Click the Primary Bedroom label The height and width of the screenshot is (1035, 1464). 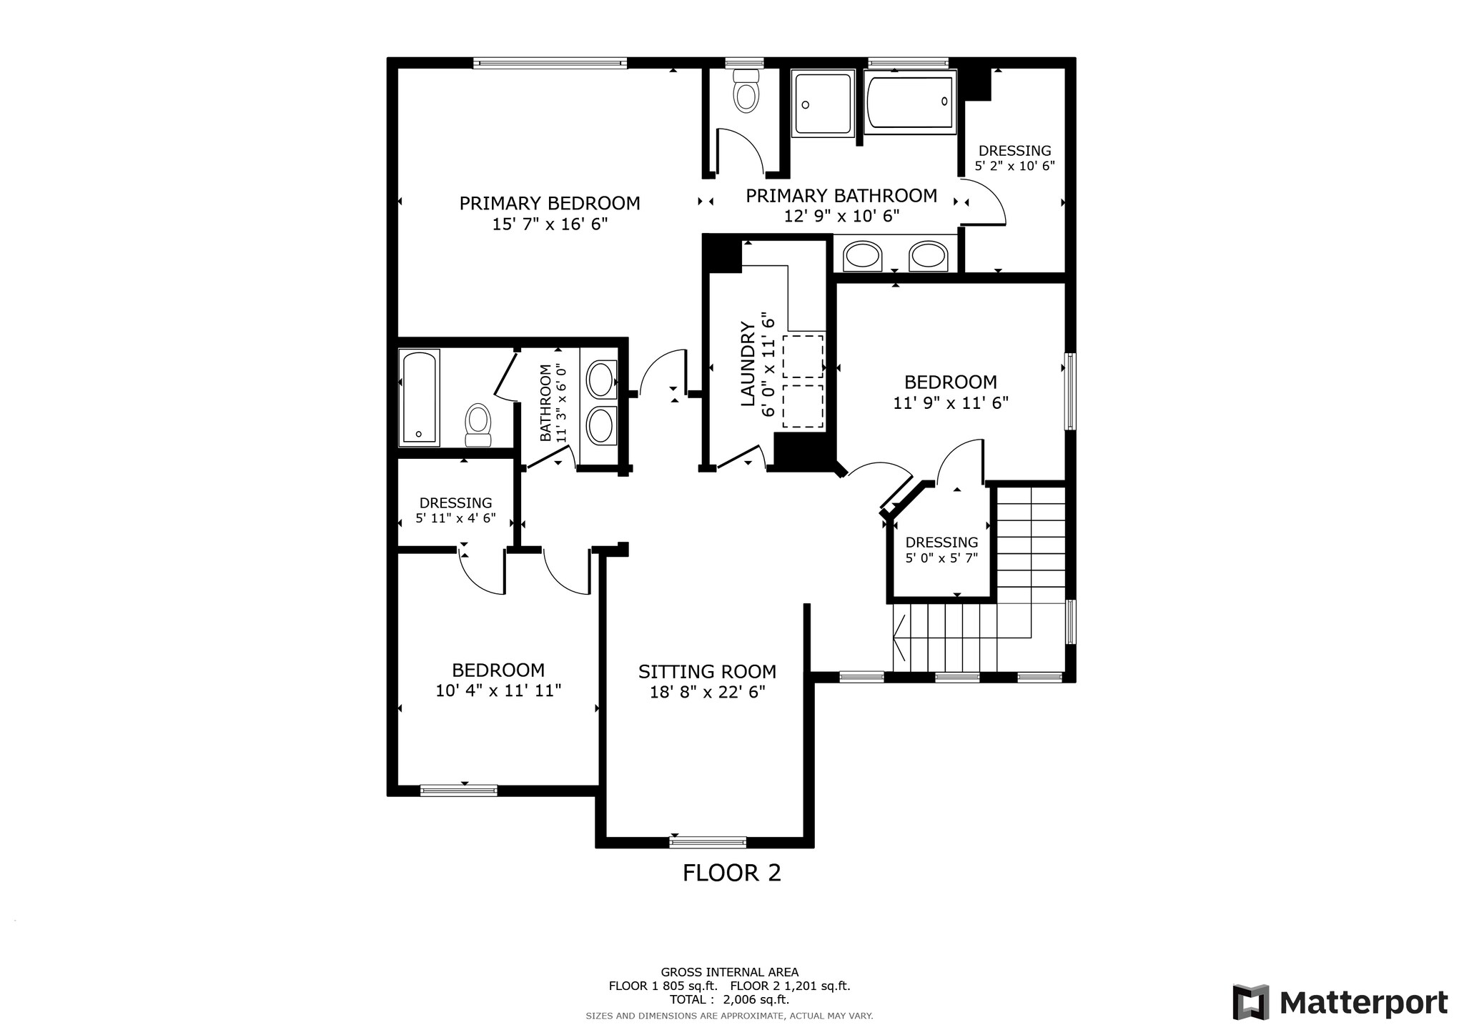click(x=549, y=204)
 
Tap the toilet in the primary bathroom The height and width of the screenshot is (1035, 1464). click(x=746, y=91)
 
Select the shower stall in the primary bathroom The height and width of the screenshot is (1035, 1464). click(x=823, y=104)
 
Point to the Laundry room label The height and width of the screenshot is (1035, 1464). click(x=748, y=364)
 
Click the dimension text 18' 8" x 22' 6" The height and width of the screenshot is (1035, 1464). click(x=707, y=692)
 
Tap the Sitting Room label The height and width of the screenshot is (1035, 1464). click(x=707, y=672)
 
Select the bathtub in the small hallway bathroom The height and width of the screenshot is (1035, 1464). click(x=419, y=397)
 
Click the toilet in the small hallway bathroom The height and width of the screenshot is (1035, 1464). click(x=478, y=425)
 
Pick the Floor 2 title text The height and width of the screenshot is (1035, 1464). click(x=731, y=873)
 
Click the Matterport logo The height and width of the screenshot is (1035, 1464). click(x=1340, y=1003)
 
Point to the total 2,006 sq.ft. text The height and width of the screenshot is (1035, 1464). click(x=729, y=1000)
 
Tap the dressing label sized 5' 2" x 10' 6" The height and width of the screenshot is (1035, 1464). click(x=1014, y=158)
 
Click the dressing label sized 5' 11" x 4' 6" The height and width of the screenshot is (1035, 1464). click(x=455, y=510)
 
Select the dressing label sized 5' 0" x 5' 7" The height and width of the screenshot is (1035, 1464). click(x=941, y=550)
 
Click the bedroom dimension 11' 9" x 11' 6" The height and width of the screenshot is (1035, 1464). click(x=950, y=403)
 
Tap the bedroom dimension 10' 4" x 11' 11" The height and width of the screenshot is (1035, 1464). click(x=498, y=690)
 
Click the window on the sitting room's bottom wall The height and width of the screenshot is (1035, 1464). click(x=707, y=842)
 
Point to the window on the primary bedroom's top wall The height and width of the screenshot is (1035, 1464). click(x=550, y=63)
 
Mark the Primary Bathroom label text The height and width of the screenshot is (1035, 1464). click(x=841, y=196)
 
